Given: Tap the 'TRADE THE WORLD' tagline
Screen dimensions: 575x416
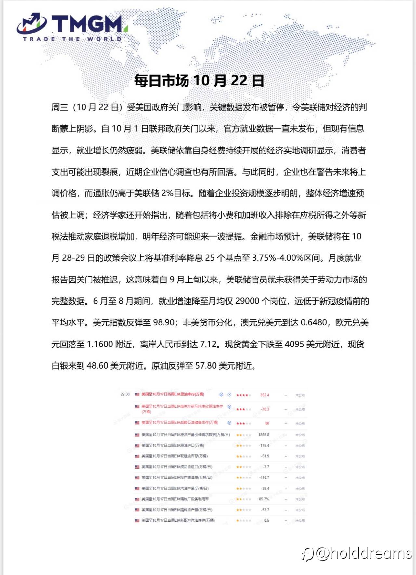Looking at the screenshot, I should (72, 39).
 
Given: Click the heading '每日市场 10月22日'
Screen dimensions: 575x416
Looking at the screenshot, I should (199, 81).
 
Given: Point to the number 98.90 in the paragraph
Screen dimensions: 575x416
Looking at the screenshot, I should (164, 322).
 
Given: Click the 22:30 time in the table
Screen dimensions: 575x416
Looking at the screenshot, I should (125, 394).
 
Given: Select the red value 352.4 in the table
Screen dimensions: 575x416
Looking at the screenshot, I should (265, 395).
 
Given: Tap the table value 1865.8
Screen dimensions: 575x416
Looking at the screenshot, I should (264, 435).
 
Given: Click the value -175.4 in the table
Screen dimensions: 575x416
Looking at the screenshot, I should (264, 445).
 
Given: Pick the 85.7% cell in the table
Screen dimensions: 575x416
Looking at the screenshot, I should (264, 499).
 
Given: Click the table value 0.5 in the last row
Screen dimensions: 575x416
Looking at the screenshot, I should (266, 520).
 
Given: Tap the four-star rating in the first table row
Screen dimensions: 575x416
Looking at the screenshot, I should (243, 395).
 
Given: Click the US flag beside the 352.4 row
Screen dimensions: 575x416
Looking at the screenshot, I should (137, 394).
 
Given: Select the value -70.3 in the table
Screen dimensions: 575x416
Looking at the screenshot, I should (265, 409).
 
